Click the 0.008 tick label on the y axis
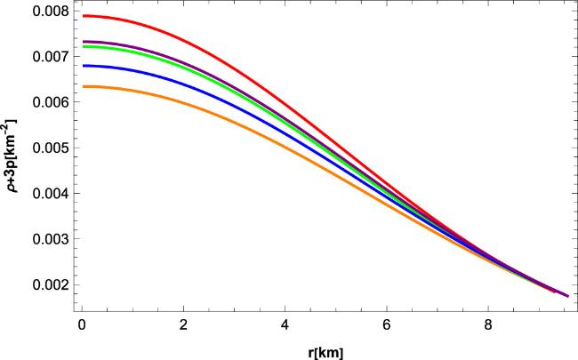point(45,11)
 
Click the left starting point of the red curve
point(83,16)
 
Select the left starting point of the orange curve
point(83,86)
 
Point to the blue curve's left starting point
point(83,66)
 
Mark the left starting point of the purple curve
point(83,41)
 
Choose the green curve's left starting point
point(83,47)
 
